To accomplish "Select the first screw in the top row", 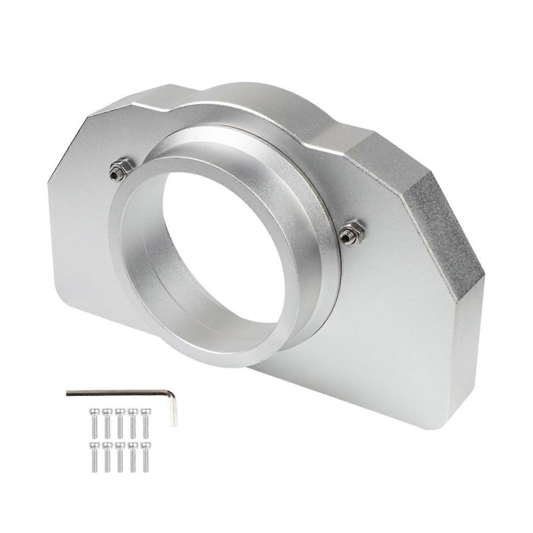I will (x=94, y=423).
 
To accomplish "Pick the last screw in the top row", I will (x=145, y=423).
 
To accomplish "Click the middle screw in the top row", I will (x=120, y=423).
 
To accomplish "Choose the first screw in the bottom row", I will (x=94, y=456).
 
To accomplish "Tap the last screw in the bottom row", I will (x=145, y=456).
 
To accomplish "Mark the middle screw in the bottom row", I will (x=120, y=456).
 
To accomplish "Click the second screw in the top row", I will (x=107, y=423).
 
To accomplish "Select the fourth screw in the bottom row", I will (x=133, y=456).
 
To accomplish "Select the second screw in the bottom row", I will (x=107, y=456).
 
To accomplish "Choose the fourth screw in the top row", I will (x=133, y=423).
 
